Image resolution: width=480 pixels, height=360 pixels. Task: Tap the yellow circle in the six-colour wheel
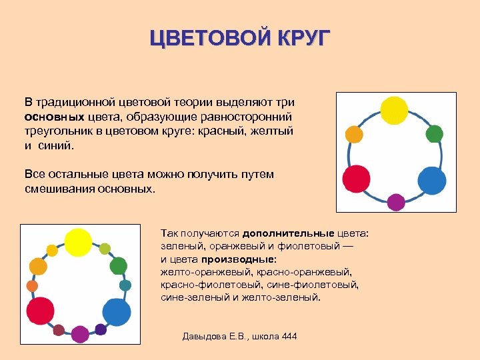tap(394, 111)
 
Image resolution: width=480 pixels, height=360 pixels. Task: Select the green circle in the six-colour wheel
tap(434, 134)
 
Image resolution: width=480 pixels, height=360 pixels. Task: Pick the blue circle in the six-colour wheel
tap(431, 181)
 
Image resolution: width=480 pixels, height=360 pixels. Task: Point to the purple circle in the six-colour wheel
tap(396, 202)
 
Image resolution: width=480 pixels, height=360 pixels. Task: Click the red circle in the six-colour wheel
tap(356, 179)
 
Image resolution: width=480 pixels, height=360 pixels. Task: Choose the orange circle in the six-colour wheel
tap(354, 135)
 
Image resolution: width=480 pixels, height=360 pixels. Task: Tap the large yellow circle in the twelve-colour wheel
tap(78, 241)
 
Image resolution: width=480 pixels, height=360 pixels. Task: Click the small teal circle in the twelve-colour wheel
tap(125, 285)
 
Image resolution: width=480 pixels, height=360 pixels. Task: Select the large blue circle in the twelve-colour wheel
tap(117, 311)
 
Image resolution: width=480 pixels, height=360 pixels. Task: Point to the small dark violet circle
tap(101, 329)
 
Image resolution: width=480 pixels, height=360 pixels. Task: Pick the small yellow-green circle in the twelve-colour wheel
tap(105, 249)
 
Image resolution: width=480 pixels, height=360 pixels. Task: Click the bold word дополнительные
tap(288, 234)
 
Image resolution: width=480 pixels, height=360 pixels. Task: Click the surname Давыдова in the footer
tap(205, 336)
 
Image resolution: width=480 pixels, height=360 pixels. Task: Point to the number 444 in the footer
tap(289, 336)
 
